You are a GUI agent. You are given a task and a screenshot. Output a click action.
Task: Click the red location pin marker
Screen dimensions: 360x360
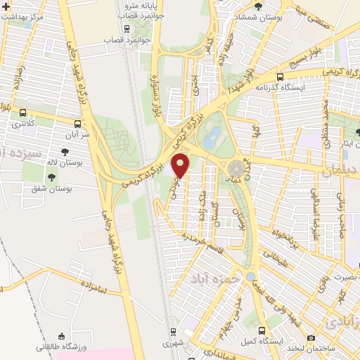point(181,165)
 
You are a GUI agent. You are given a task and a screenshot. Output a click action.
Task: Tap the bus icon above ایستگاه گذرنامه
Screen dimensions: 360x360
point(281,77)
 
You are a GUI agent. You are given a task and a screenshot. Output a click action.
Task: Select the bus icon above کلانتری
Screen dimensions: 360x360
point(23,112)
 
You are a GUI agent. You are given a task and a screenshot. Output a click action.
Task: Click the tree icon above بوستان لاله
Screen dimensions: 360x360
point(65,151)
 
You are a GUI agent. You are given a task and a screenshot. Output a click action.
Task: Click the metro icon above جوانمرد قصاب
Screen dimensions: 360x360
point(127,29)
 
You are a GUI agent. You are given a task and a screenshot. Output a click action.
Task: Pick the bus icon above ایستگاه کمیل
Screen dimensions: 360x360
point(262,330)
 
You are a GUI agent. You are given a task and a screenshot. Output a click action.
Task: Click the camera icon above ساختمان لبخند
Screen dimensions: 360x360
point(311,337)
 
